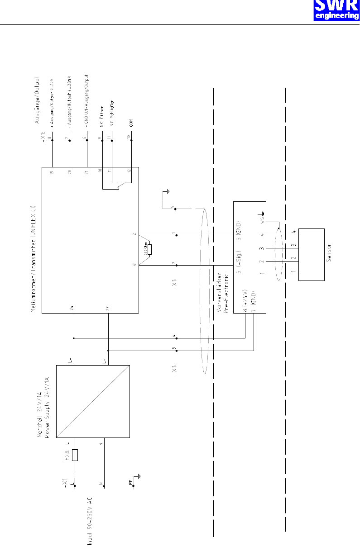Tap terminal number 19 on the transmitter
pos(52,172)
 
